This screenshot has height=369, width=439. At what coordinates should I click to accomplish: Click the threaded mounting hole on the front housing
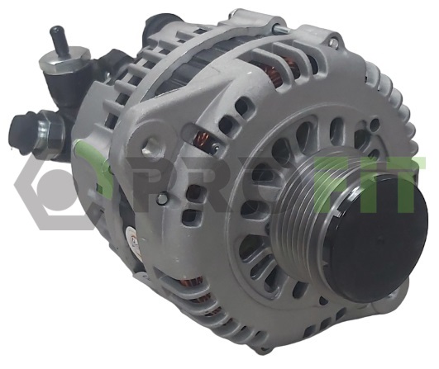pyautogui.click(x=150, y=146)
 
